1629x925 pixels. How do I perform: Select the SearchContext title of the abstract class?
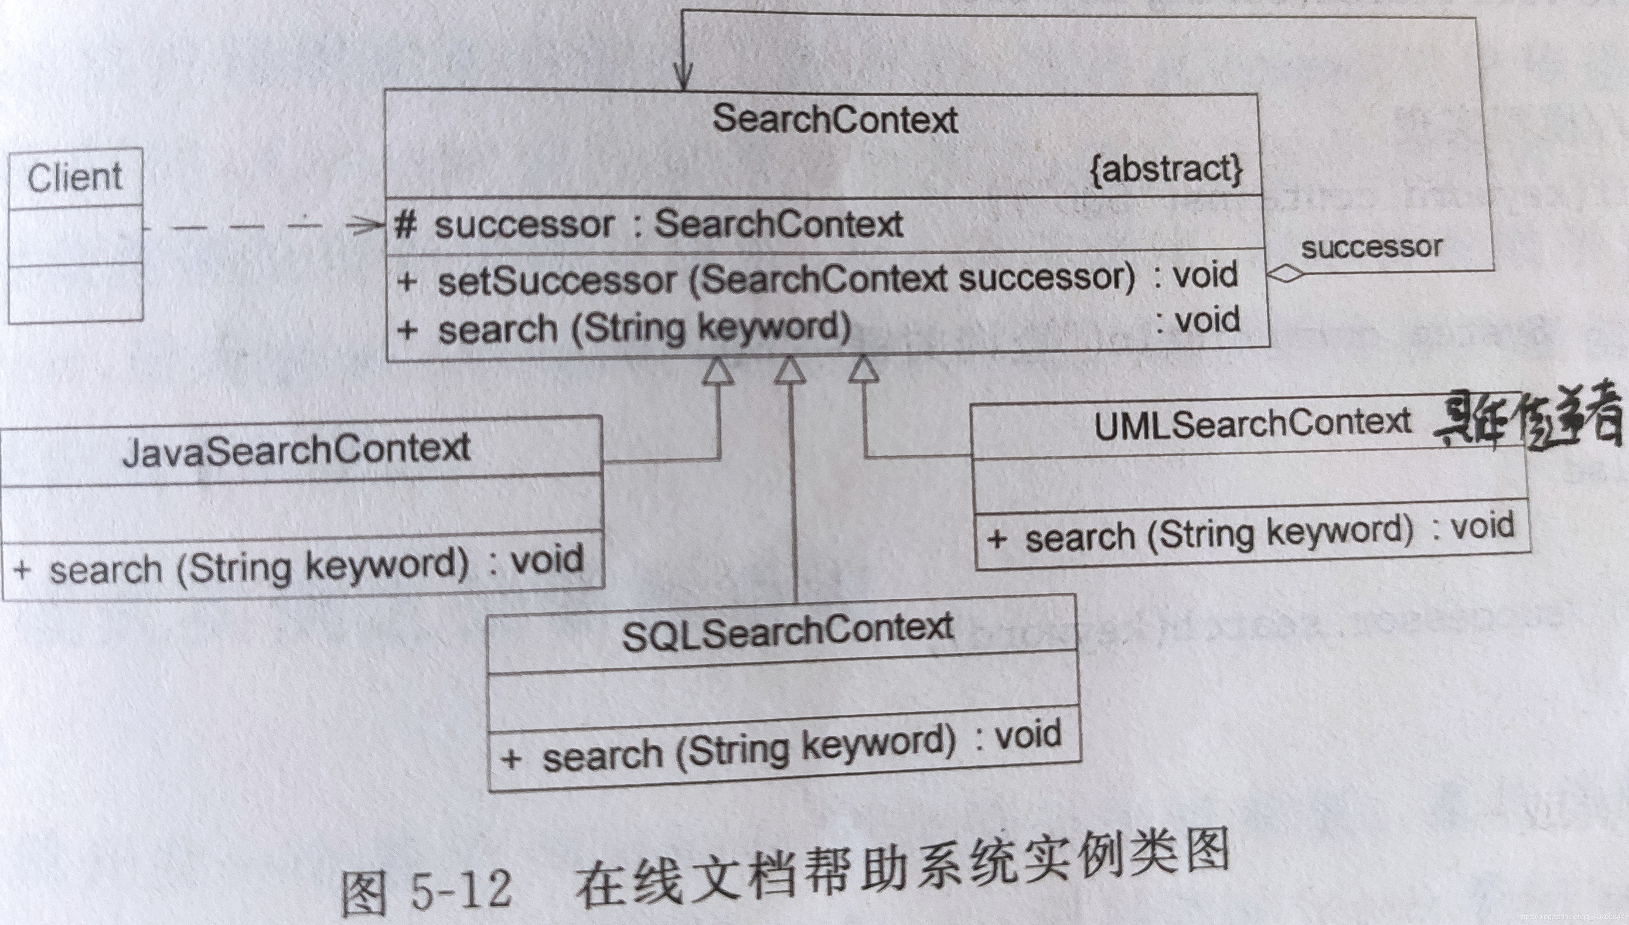click(x=835, y=119)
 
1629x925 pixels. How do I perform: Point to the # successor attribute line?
click(x=648, y=224)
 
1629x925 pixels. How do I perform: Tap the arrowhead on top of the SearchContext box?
click(x=683, y=79)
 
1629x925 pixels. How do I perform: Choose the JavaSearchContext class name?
click(x=296, y=449)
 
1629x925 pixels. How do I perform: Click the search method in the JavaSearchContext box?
click(x=299, y=565)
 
